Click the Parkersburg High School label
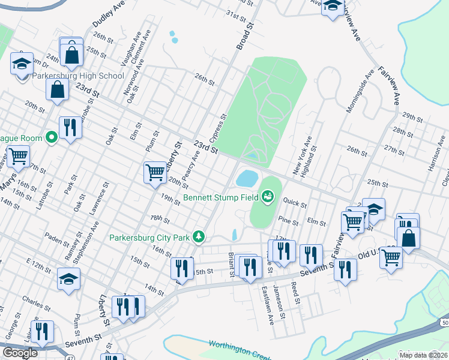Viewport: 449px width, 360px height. [x=78, y=76]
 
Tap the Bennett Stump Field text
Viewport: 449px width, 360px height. [x=220, y=196]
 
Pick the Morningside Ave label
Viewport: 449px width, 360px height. [x=360, y=90]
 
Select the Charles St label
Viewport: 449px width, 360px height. [x=32, y=298]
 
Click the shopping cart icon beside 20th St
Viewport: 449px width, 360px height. [x=154, y=172]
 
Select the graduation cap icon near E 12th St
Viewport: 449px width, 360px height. [x=68, y=279]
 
